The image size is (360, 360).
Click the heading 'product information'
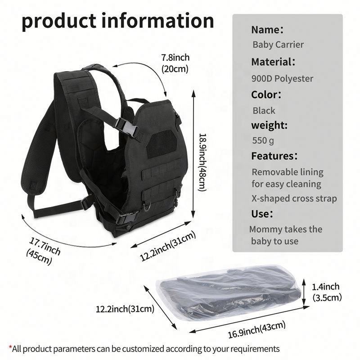(x=117, y=20)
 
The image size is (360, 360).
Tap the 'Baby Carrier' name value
(x=278, y=45)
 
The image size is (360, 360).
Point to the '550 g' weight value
(x=263, y=140)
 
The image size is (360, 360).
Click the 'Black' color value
(x=264, y=110)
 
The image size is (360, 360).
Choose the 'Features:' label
(x=274, y=156)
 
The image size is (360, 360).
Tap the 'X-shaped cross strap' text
(x=294, y=198)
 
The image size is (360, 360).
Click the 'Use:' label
(x=261, y=214)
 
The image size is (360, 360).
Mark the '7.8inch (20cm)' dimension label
(x=175, y=63)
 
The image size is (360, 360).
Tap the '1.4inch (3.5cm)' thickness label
(x=327, y=292)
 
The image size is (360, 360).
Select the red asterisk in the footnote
(x=10, y=348)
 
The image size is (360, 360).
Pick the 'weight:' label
(x=269, y=125)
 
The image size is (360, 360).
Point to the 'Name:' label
(x=267, y=30)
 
